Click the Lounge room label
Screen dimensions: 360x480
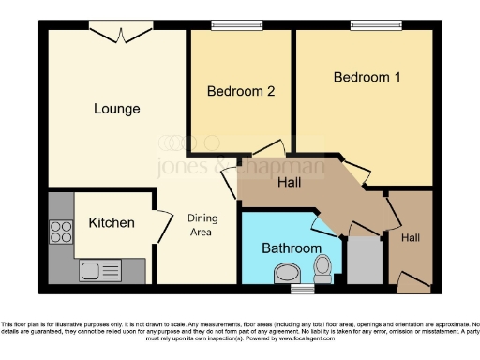[116, 109]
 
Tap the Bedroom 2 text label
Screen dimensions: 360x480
[241, 91]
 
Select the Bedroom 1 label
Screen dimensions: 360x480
[367, 77]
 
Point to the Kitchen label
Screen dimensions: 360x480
[112, 223]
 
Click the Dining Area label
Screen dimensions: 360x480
[202, 225]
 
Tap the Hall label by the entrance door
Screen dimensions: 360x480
[411, 239]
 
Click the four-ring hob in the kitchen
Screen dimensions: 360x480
[61, 232]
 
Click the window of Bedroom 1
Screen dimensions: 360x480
[369, 26]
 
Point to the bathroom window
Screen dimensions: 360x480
[302, 290]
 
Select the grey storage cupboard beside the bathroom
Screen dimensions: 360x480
[365, 260]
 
